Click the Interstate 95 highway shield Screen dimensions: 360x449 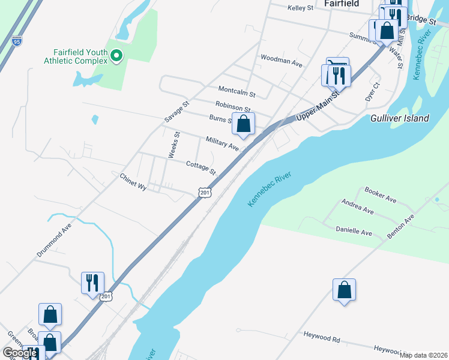pyautogui.click(x=17, y=41)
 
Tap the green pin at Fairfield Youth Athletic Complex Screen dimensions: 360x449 pyautogui.click(x=117, y=57)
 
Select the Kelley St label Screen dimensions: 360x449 pyautogui.click(x=301, y=8)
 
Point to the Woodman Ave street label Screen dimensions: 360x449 pyautogui.click(x=281, y=61)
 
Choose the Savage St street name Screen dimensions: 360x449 pyautogui.click(x=176, y=112)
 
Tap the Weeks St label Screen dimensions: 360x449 pyautogui.click(x=173, y=145)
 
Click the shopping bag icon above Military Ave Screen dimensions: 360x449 pyautogui.click(x=244, y=124)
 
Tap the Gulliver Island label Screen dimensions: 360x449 pyautogui.click(x=400, y=118)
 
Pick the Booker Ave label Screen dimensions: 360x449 pyautogui.click(x=381, y=194)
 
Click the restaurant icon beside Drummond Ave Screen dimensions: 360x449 pyautogui.click(x=92, y=282)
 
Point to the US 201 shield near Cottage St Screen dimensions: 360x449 pyautogui.click(x=205, y=192)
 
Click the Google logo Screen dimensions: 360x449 pyautogui.click(x=20, y=353)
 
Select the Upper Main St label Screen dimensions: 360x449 pyautogui.click(x=318, y=109)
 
